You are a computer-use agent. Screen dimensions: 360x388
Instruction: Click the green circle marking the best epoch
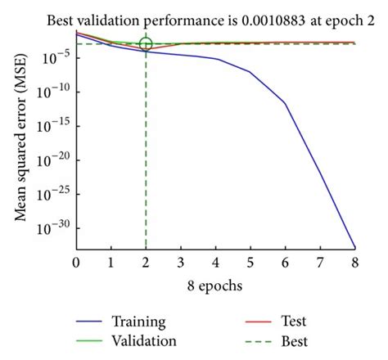(146, 44)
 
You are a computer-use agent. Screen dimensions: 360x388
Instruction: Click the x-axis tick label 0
(76, 263)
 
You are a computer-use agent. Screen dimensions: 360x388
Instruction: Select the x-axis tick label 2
(146, 263)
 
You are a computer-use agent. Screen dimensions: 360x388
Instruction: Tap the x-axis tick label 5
(250, 263)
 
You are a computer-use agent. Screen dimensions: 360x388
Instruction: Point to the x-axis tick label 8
(354, 263)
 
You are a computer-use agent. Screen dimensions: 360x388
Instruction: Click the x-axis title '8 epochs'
(214, 287)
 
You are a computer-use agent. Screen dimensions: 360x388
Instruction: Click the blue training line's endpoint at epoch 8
(354, 247)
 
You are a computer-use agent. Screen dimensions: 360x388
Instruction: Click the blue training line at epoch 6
(285, 103)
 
